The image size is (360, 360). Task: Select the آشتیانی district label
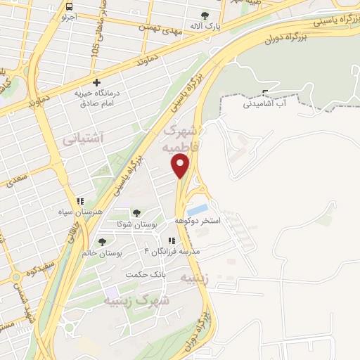pos(83,139)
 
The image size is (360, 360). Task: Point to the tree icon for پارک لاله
pos(204,15)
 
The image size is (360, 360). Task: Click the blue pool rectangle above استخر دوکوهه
pos(198,209)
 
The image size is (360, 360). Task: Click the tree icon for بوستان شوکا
pos(136,212)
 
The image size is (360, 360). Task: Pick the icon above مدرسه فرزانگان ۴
pos(171,240)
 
